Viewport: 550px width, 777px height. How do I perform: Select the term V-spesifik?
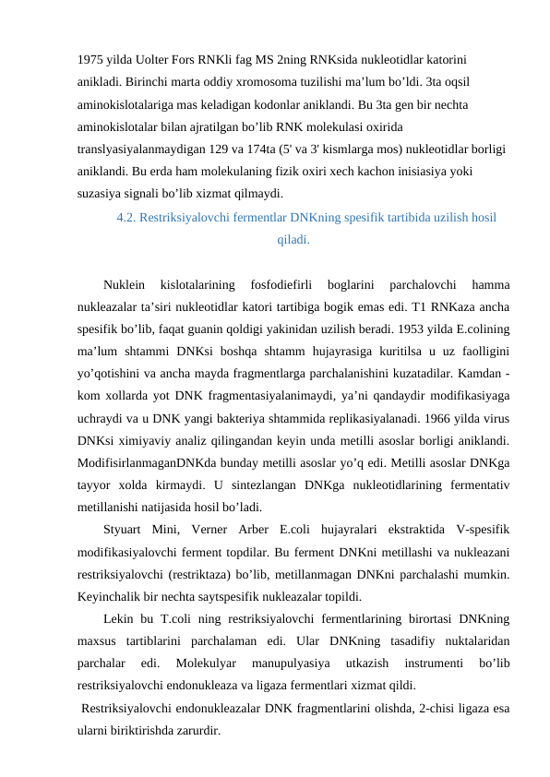coord(482,529)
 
